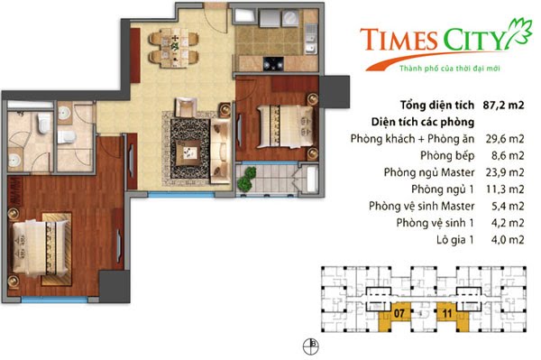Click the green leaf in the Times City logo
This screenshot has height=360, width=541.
(517, 35)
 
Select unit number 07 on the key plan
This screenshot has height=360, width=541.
(399, 315)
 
